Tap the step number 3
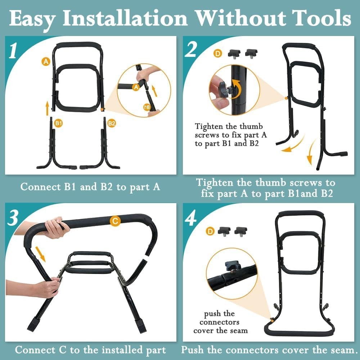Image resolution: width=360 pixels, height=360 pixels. (x=13, y=217)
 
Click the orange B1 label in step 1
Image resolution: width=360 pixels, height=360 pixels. (x=59, y=123)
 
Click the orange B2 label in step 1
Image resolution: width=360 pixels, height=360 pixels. (x=112, y=123)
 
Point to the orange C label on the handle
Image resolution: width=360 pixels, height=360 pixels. (x=114, y=222)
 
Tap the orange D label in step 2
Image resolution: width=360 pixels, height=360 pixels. (x=217, y=54)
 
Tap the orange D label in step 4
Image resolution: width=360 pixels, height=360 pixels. (x=210, y=231)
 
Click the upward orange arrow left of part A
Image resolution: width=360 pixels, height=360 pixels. (x=47, y=108)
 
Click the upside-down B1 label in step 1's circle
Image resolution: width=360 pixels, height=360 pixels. (x=147, y=107)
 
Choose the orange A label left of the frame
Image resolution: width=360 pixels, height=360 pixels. (x=46, y=62)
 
